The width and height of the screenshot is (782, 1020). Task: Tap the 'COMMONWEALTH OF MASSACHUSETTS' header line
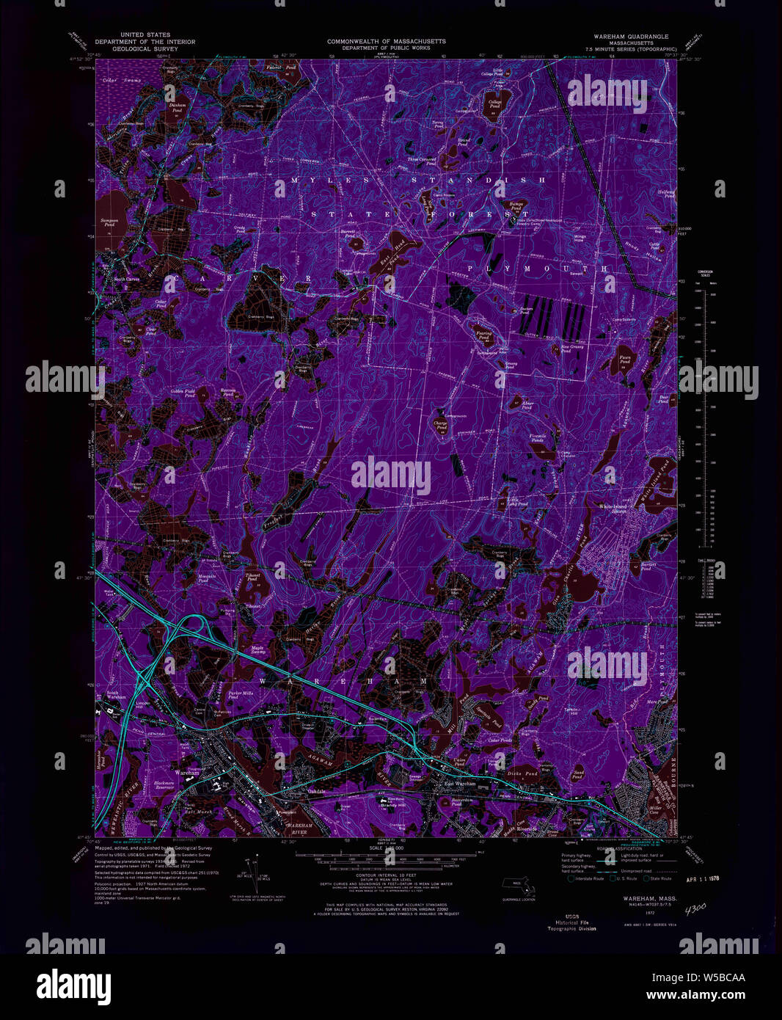386,41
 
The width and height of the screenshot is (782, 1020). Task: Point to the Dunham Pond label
177,106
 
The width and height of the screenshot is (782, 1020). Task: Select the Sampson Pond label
109,223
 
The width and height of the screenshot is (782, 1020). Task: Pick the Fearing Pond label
484,335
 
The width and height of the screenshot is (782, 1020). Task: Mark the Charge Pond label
440,424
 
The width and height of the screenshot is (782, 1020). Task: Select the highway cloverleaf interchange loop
193,626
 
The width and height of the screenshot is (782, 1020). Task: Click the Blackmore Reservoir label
164,785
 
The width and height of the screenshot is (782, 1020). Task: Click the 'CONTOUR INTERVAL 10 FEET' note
387,875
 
